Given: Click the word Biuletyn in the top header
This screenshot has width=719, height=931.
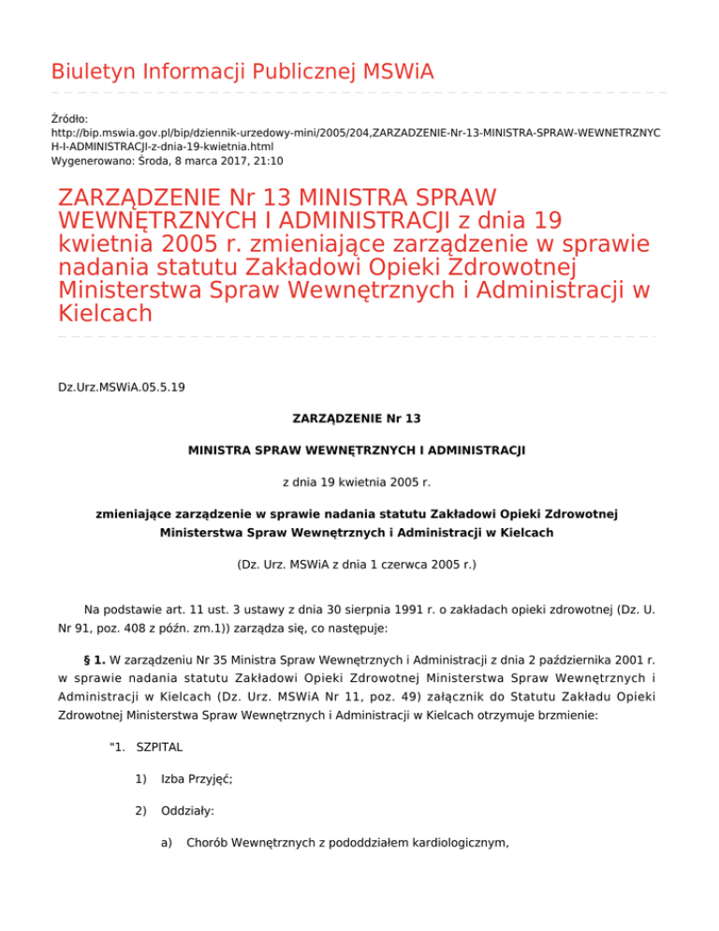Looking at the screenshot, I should click(x=86, y=70).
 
